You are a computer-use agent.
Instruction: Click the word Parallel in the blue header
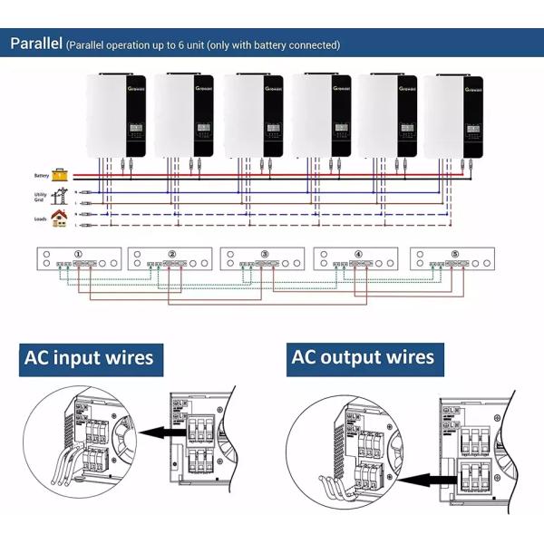point(35,43)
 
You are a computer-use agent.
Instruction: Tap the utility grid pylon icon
point(61,195)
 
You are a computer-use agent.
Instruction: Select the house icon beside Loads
point(59,219)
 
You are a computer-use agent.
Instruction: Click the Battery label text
point(41,175)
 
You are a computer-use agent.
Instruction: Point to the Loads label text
point(41,219)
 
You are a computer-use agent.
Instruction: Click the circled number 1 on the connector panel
point(79,254)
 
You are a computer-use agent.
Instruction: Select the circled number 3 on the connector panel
point(265,254)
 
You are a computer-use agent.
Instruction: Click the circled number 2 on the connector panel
point(172,254)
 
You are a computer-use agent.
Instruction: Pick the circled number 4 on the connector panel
point(358,254)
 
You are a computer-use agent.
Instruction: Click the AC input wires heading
point(89,357)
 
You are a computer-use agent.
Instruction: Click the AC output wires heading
point(363,357)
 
